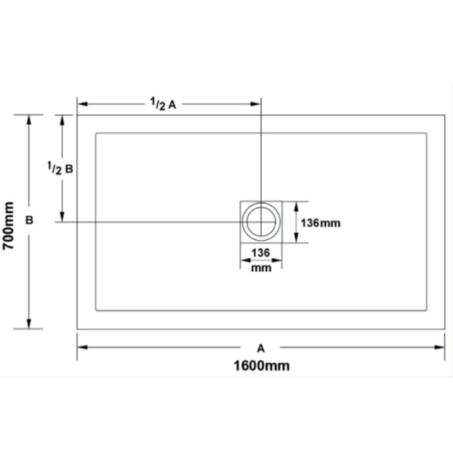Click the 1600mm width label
click(x=262, y=366)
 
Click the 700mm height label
click(x=8, y=225)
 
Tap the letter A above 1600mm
click(x=261, y=348)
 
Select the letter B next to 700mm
click(x=29, y=220)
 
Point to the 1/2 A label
click(x=163, y=104)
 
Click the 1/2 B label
click(x=60, y=168)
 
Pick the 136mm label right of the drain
click(x=320, y=223)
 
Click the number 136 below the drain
click(x=260, y=253)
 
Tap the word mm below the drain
click(x=261, y=268)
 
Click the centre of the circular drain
click(x=261, y=221)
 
